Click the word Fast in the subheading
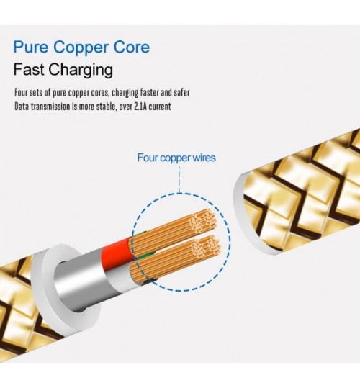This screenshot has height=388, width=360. pyautogui.click(x=29, y=69)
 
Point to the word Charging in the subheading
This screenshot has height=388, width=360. pyautogui.click(x=81, y=71)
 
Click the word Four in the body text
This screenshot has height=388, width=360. pyautogui.click(x=21, y=93)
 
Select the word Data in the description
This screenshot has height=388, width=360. pyautogui.click(x=22, y=107)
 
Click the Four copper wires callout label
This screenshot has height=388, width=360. pyautogui.click(x=176, y=158)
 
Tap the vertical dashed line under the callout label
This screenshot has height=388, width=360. pyautogui.click(x=179, y=179)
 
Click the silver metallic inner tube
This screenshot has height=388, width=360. pyautogui.click(x=81, y=280)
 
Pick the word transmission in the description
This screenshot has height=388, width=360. pyautogui.click(x=50, y=107)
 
